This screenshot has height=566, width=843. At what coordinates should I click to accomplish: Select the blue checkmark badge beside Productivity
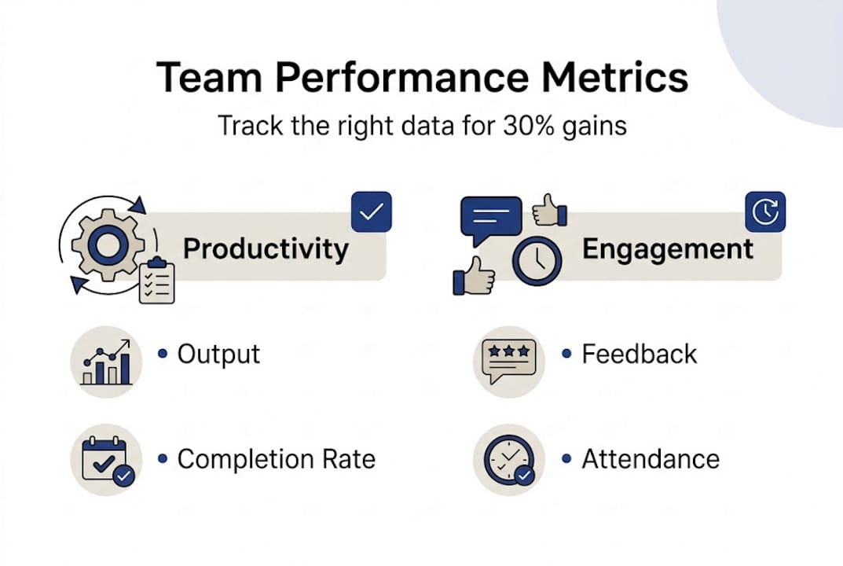point(371,212)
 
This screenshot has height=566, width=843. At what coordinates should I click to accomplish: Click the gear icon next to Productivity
point(108,245)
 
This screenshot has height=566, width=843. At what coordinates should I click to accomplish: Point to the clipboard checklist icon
point(157,281)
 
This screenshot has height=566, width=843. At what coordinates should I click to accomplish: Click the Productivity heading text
point(266,249)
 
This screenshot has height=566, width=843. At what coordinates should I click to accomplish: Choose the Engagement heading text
point(668,249)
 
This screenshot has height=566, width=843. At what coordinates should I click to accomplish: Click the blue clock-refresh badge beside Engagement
point(765,212)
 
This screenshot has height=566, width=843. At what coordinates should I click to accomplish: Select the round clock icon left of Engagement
point(537,261)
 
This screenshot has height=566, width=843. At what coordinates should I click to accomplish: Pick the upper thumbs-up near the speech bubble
point(549,211)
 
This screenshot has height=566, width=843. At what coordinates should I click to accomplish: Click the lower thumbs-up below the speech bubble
point(474,276)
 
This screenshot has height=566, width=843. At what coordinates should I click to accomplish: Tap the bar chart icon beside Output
point(106,362)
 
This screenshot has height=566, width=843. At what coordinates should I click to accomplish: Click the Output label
point(219,355)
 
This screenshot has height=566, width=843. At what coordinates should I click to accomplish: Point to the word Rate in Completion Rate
point(348,459)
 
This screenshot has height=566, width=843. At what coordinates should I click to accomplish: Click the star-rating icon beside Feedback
point(509,361)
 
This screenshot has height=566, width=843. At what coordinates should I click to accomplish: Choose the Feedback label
point(640,355)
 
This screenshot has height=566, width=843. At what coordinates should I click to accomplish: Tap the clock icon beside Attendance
point(509,461)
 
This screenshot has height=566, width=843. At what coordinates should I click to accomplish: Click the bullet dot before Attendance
point(566,459)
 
